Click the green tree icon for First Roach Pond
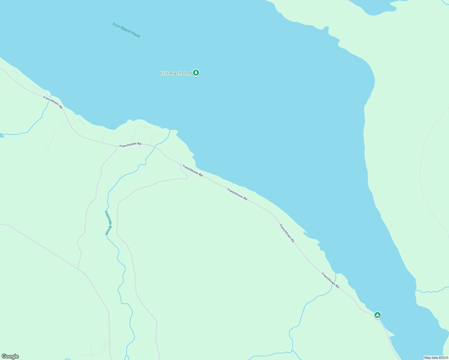(x=196, y=73)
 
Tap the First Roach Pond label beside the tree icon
(x=176, y=73)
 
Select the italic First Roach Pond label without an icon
(x=126, y=30)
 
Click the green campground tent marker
(x=378, y=315)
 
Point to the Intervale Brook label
(x=108, y=222)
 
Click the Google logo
(x=10, y=356)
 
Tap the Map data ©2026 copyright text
(x=436, y=358)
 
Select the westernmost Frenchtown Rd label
(x=53, y=102)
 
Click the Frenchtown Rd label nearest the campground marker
(x=330, y=280)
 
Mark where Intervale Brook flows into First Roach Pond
(x=170, y=130)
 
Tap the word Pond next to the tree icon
(x=186, y=73)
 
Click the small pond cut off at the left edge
(x=1, y=136)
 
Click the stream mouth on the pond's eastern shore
(x=416, y=291)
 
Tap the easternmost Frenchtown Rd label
(x=330, y=280)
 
